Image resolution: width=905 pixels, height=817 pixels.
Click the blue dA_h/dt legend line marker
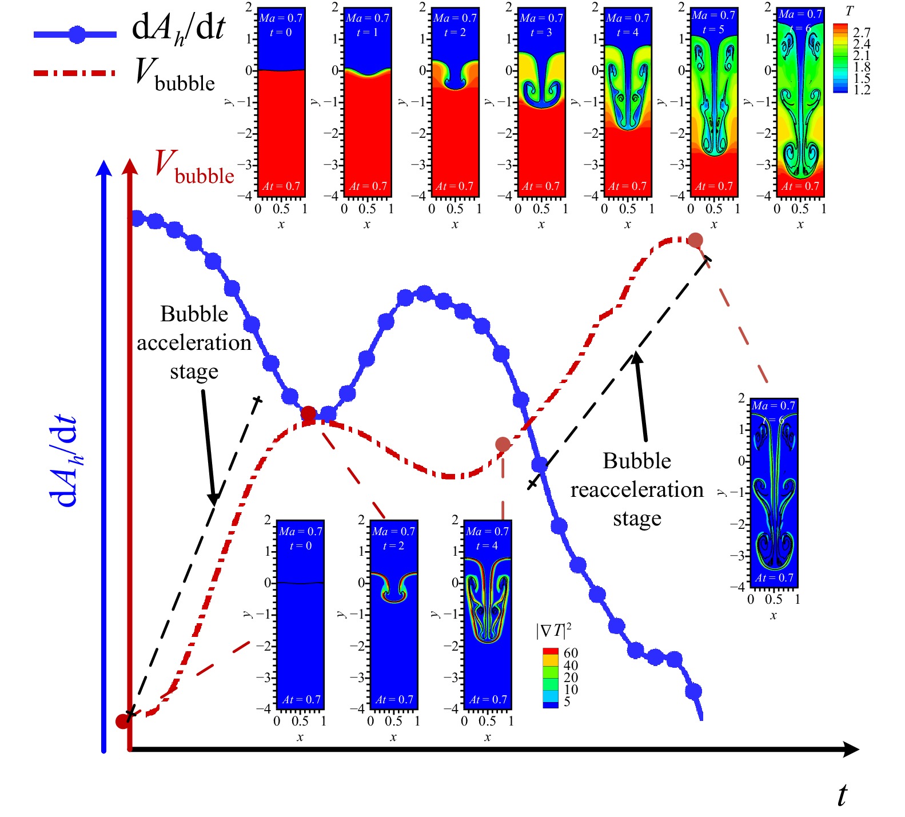77,35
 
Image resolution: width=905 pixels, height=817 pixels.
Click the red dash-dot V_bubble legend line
74,73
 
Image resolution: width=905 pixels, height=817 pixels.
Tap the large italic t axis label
842,795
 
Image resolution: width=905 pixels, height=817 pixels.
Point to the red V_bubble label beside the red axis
194,167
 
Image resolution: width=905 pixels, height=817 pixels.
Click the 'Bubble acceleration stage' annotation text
194,342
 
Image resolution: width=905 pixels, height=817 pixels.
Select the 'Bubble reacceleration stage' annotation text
637,489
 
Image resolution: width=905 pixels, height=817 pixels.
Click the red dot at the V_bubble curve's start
123,721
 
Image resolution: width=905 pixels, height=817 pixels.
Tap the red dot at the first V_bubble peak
308,414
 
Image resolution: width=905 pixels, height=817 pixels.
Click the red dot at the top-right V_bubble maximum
695,240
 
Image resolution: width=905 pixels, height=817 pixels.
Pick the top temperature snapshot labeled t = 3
541,102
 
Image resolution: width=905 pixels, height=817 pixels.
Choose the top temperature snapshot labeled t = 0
281,102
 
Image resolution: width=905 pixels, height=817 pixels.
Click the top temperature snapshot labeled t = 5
714,102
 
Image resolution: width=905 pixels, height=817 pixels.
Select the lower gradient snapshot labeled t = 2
394,615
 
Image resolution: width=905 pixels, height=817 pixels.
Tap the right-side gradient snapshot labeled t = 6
774,493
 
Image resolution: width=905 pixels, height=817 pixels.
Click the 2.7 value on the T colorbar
862,32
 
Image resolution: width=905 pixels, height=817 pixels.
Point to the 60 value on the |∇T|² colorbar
571,653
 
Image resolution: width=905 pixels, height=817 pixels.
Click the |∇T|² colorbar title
553,631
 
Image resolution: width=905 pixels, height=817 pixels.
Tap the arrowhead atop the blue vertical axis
104,168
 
